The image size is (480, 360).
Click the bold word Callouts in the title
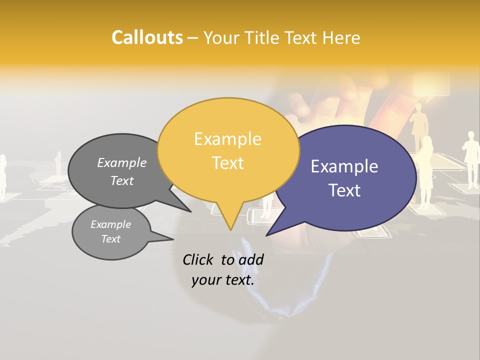(x=147, y=37)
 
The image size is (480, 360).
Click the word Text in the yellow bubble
(x=228, y=162)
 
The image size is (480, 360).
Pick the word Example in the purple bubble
(x=344, y=166)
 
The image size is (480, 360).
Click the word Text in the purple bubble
(x=345, y=190)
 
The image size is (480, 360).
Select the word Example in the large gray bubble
(x=122, y=162)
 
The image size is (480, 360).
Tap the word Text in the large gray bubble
(x=122, y=180)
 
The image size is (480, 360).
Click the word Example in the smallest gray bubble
(x=111, y=224)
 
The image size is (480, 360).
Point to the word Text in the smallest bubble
(x=111, y=239)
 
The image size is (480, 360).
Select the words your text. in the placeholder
(x=223, y=280)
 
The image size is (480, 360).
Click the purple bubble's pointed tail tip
(x=266, y=235)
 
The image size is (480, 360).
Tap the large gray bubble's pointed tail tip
(x=191, y=211)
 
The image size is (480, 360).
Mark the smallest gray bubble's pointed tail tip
(x=173, y=239)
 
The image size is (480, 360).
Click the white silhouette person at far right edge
(x=470, y=160)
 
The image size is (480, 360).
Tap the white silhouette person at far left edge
(x=2, y=175)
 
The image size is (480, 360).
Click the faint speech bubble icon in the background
(x=431, y=85)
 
